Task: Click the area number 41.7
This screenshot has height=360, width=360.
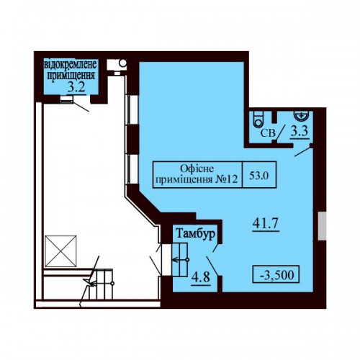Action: point(266,224)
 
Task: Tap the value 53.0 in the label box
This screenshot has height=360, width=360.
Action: point(258,175)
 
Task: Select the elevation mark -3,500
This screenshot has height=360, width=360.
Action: point(276,275)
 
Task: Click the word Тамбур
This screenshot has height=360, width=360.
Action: point(195,233)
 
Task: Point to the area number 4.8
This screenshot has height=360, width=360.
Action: point(201,277)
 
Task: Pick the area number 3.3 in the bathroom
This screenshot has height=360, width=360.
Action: point(300,132)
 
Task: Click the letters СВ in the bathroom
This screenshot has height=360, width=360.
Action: point(268,133)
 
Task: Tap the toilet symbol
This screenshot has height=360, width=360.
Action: point(258,120)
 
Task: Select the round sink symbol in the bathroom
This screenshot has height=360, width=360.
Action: point(301,115)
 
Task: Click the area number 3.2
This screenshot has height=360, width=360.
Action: point(76,87)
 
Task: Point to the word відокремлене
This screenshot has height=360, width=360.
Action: point(71,65)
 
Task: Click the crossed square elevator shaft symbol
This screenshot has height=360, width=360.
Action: point(60,251)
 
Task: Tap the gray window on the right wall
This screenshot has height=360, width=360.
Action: point(322,226)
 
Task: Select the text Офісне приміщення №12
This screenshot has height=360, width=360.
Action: point(197,174)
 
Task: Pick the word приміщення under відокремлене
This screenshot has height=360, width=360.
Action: point(71,76)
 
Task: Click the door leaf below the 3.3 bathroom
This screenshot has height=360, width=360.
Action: point(303,152)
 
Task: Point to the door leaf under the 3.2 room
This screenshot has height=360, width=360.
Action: point(81,107)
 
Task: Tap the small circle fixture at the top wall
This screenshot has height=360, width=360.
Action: point(123,63)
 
